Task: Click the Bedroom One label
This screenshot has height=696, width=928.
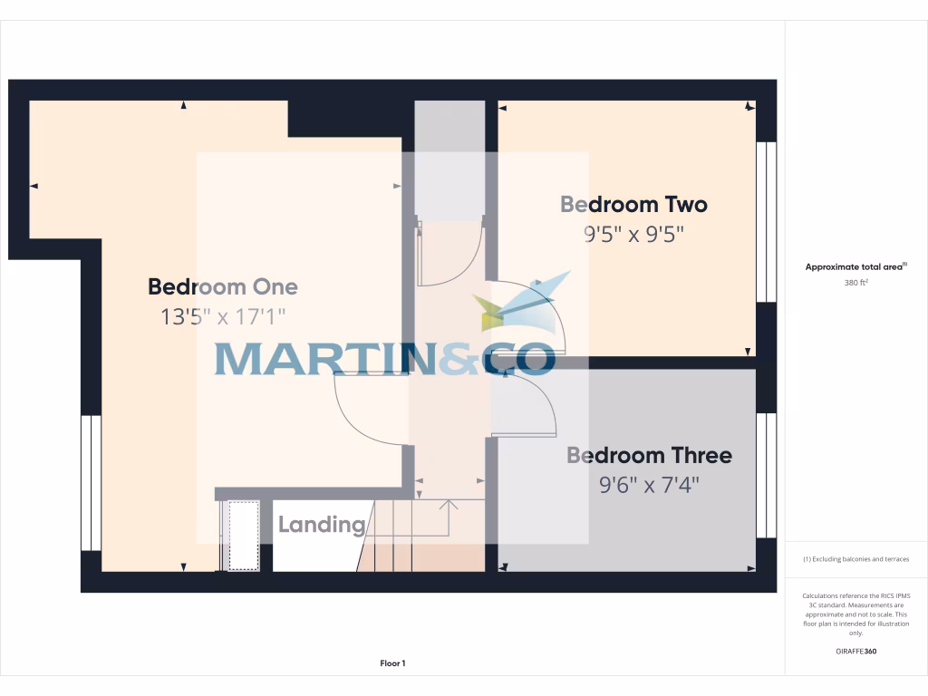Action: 223,287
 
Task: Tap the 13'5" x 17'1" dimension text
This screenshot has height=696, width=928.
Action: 223,317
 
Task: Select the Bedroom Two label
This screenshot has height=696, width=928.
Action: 633,205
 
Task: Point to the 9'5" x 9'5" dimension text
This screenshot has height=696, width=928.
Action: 633,235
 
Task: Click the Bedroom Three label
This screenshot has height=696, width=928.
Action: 649,455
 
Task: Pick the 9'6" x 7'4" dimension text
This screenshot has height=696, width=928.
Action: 650,486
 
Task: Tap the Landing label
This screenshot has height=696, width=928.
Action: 321,525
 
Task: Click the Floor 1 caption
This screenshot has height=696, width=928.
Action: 392,663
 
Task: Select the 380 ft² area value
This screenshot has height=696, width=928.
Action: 856,283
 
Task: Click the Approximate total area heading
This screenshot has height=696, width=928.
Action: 855,266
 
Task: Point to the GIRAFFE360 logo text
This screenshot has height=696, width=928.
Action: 856,652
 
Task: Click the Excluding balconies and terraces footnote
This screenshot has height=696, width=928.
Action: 856,559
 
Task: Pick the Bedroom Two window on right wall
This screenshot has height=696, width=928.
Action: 767,222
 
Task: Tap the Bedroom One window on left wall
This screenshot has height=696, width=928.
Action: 91,483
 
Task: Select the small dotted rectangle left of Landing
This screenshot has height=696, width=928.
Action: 243,536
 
